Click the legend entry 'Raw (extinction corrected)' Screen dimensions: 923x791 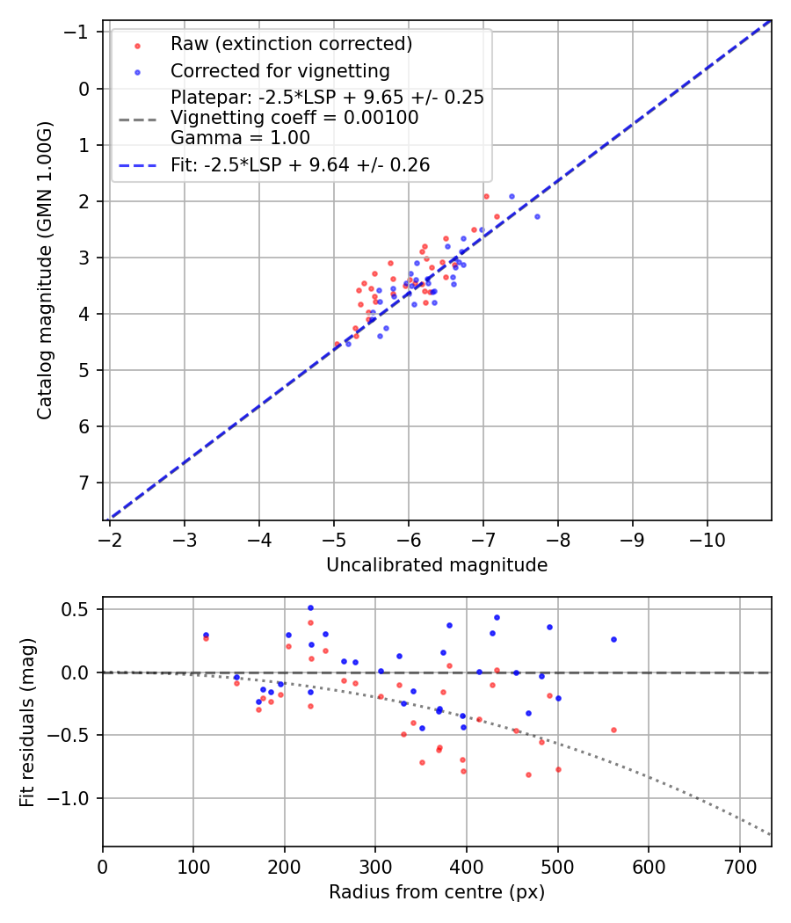point(291,44)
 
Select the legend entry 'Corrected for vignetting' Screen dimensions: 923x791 point(279,70)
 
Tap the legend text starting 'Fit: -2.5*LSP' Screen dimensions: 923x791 point(301,165)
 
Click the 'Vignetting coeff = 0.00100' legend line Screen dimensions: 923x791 point(294,118)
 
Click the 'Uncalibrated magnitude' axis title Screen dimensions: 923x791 point(437,565)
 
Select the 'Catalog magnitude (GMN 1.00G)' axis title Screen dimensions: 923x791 point(45,271)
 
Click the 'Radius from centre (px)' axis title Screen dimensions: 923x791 point(437,892)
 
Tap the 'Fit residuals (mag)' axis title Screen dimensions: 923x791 point(27,722)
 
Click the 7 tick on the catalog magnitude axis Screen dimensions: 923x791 point(85,483)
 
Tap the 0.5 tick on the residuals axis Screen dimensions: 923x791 point(82,609)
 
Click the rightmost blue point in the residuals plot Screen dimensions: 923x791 point(613,639)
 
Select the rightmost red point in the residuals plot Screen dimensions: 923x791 point(613,730)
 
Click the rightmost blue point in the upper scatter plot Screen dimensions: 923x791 point(537,216)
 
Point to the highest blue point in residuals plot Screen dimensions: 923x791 point(310,607)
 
